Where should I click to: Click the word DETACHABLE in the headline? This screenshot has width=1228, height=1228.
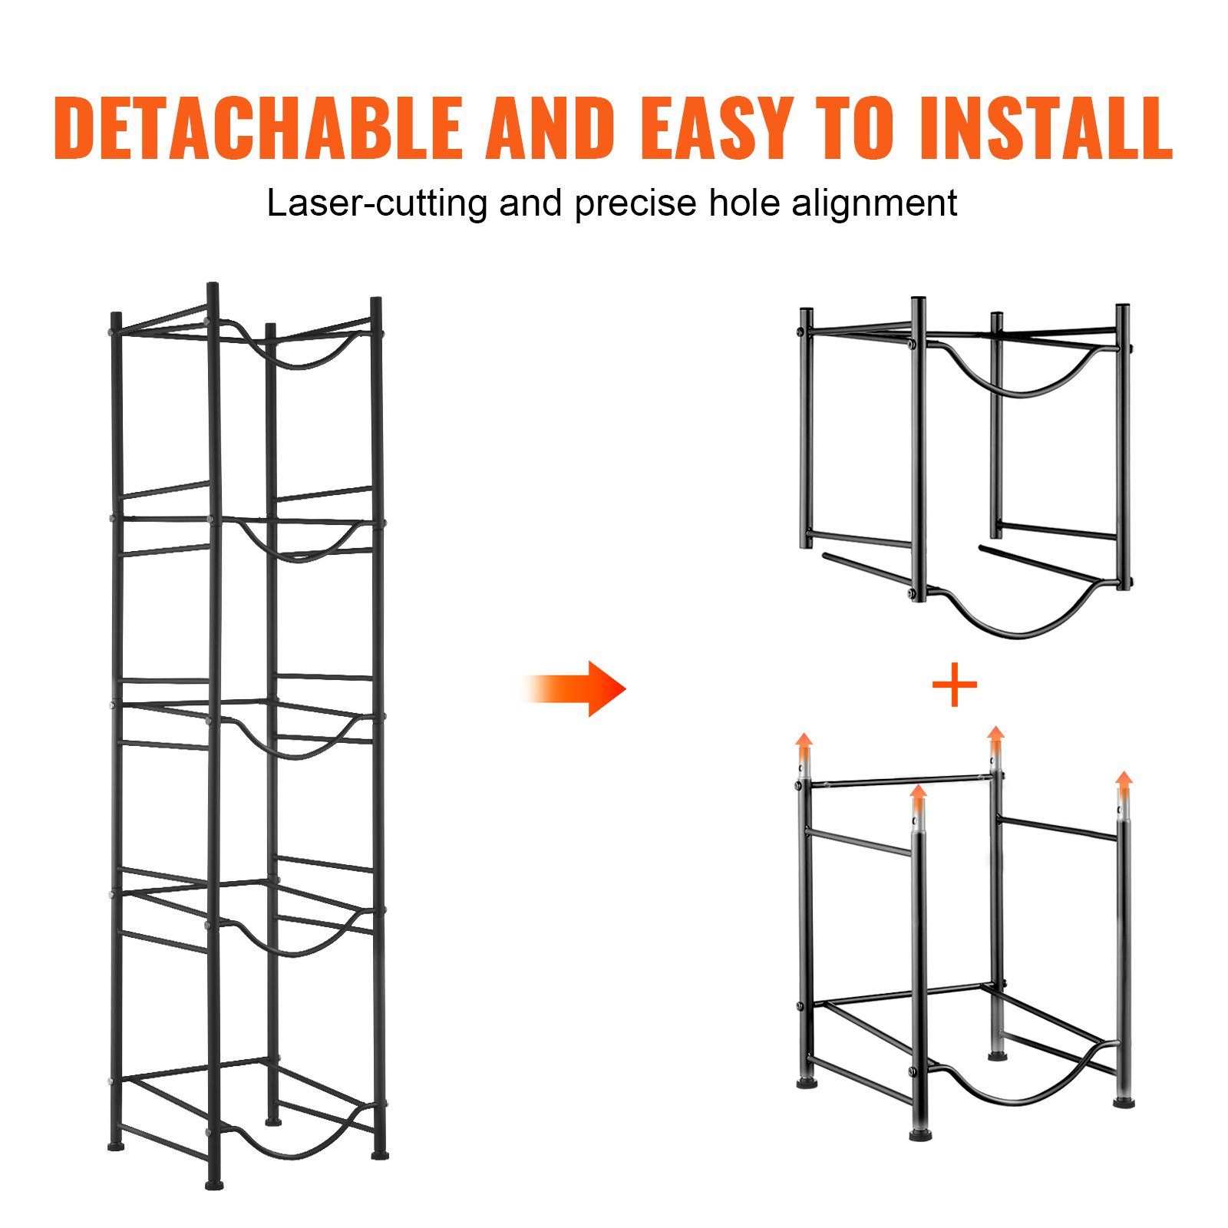click(x=258, y=128)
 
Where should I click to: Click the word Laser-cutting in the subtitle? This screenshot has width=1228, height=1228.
click(x=376, y=204)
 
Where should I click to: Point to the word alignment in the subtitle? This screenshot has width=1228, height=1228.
click(x=874, y=204)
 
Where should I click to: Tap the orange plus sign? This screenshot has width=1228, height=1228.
click(x=954, y=685)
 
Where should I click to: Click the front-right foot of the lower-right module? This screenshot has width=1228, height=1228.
click(x=1124, y=1103)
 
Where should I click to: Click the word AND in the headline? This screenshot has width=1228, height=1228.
click(x=550, y=128)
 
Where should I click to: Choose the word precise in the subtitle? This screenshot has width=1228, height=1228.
click(x=635, y=204)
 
